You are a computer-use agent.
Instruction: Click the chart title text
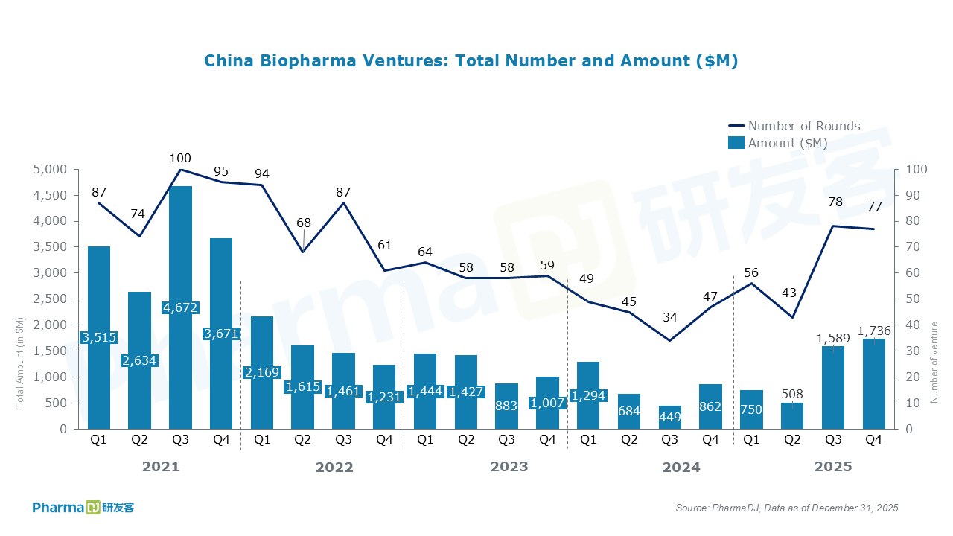[x=471, y=61]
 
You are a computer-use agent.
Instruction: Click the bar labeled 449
[x=670, y=418]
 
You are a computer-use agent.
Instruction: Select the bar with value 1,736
[x=874, y=384]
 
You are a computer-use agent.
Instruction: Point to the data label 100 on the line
[x=180, y=158]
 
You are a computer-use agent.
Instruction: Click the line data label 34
[x=670, y=317]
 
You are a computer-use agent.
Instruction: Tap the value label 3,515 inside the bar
[x=98, y=337]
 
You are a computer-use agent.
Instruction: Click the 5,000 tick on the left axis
[x=48, y=170]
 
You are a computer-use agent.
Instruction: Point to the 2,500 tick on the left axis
[x=48, y=299]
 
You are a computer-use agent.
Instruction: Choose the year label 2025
[x=833, y=467]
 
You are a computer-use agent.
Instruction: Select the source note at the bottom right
[x=787, y=508]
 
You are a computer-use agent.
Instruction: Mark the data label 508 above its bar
[x=793, y=394]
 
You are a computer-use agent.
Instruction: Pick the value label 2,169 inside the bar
[x=262, y=372]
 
